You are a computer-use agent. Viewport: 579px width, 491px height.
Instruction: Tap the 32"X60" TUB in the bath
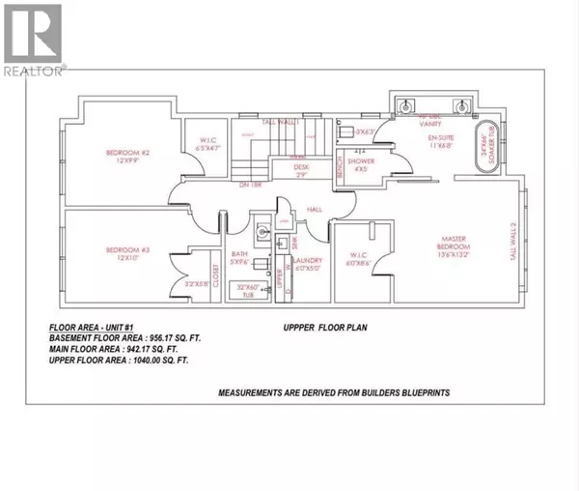coord(248,292)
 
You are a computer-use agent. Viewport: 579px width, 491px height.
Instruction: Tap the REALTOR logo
coord(33,39)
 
